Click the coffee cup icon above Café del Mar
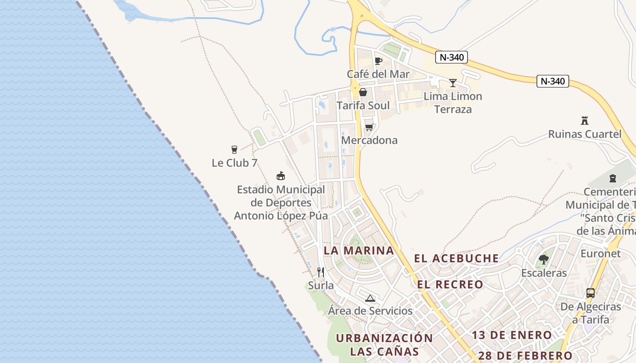tap(378, 61)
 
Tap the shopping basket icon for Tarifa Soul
tap(363, 92)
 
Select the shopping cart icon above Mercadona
tap(369, 127)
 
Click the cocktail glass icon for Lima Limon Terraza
tap(453, 83)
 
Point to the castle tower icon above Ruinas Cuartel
tap(585, 121)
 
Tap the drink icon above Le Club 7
tap(234, 149)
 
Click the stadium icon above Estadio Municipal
tap(281, 176)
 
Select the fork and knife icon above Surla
tap(321, 272)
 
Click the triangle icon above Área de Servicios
tap(370, 298)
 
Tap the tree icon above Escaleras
tap(544, 260)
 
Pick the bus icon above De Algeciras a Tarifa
tap(591, 293)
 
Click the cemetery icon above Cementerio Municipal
tap(613, 178)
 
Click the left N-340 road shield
tap(451, 57)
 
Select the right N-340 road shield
tap(553, 81)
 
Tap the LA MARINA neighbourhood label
tap(358, 250)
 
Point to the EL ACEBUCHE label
tap(457, 259)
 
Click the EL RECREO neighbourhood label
tap(451, 285)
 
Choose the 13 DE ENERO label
tap(512, 335)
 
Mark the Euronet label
tap(601, 254)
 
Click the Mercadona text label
tap(369, 140)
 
